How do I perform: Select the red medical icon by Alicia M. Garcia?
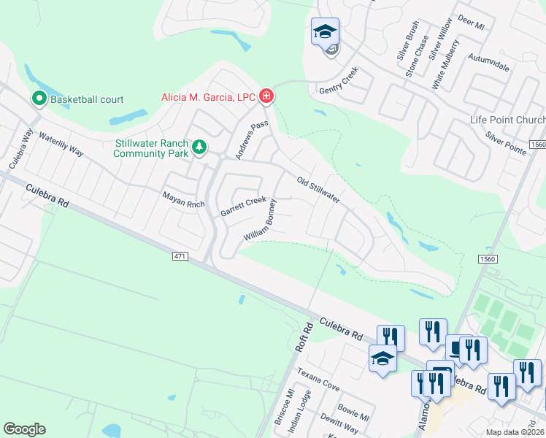coord(266,96)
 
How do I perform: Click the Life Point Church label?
coord(507,120)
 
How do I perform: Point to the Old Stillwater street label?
coord(318,190)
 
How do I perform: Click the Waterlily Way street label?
coord(61,145)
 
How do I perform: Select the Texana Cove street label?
coord(319,379)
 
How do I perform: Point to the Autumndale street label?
coord(488,61)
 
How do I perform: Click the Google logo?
coord(24,429)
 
